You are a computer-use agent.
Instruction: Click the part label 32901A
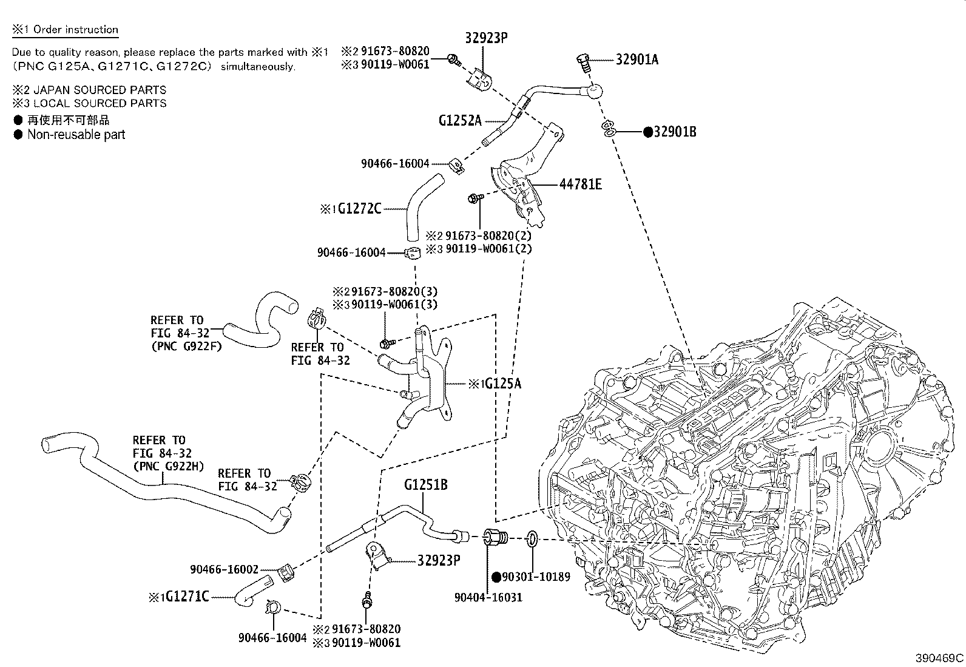point(637,59)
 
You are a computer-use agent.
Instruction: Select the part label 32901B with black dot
point(674,131)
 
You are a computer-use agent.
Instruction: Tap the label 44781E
point(580,184)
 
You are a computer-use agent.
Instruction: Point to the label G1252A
point(459,120)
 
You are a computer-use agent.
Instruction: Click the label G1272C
point(359,209)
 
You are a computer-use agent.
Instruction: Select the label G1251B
point(426,485)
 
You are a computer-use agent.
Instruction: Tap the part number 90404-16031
point(488,597)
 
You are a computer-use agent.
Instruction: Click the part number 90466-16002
point(224,569)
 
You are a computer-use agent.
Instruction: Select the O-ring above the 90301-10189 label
point(532,538)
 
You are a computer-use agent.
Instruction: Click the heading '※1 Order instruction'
point(65,30)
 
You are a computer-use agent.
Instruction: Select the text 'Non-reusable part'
point(76,135)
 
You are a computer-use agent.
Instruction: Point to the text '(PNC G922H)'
point(168,466)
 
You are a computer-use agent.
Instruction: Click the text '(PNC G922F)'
point(186,347)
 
